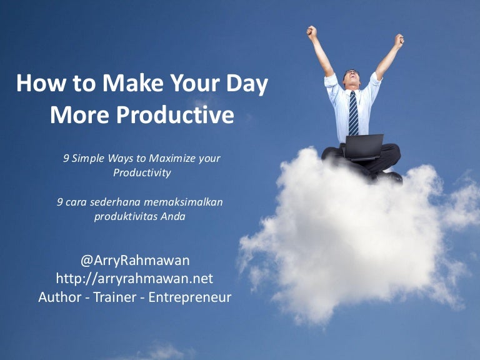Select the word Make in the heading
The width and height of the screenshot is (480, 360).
(126, 84)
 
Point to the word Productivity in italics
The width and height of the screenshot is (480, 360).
(142, 173)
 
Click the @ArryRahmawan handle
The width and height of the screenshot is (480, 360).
(135, 260)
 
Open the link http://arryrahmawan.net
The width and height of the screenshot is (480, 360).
(135, 278)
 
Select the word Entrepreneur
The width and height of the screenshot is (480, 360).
(193, 297)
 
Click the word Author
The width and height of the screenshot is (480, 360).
(60, 297)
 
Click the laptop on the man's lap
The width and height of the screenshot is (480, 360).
(364, 147)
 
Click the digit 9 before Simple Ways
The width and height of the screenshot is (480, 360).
(66, 158)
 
